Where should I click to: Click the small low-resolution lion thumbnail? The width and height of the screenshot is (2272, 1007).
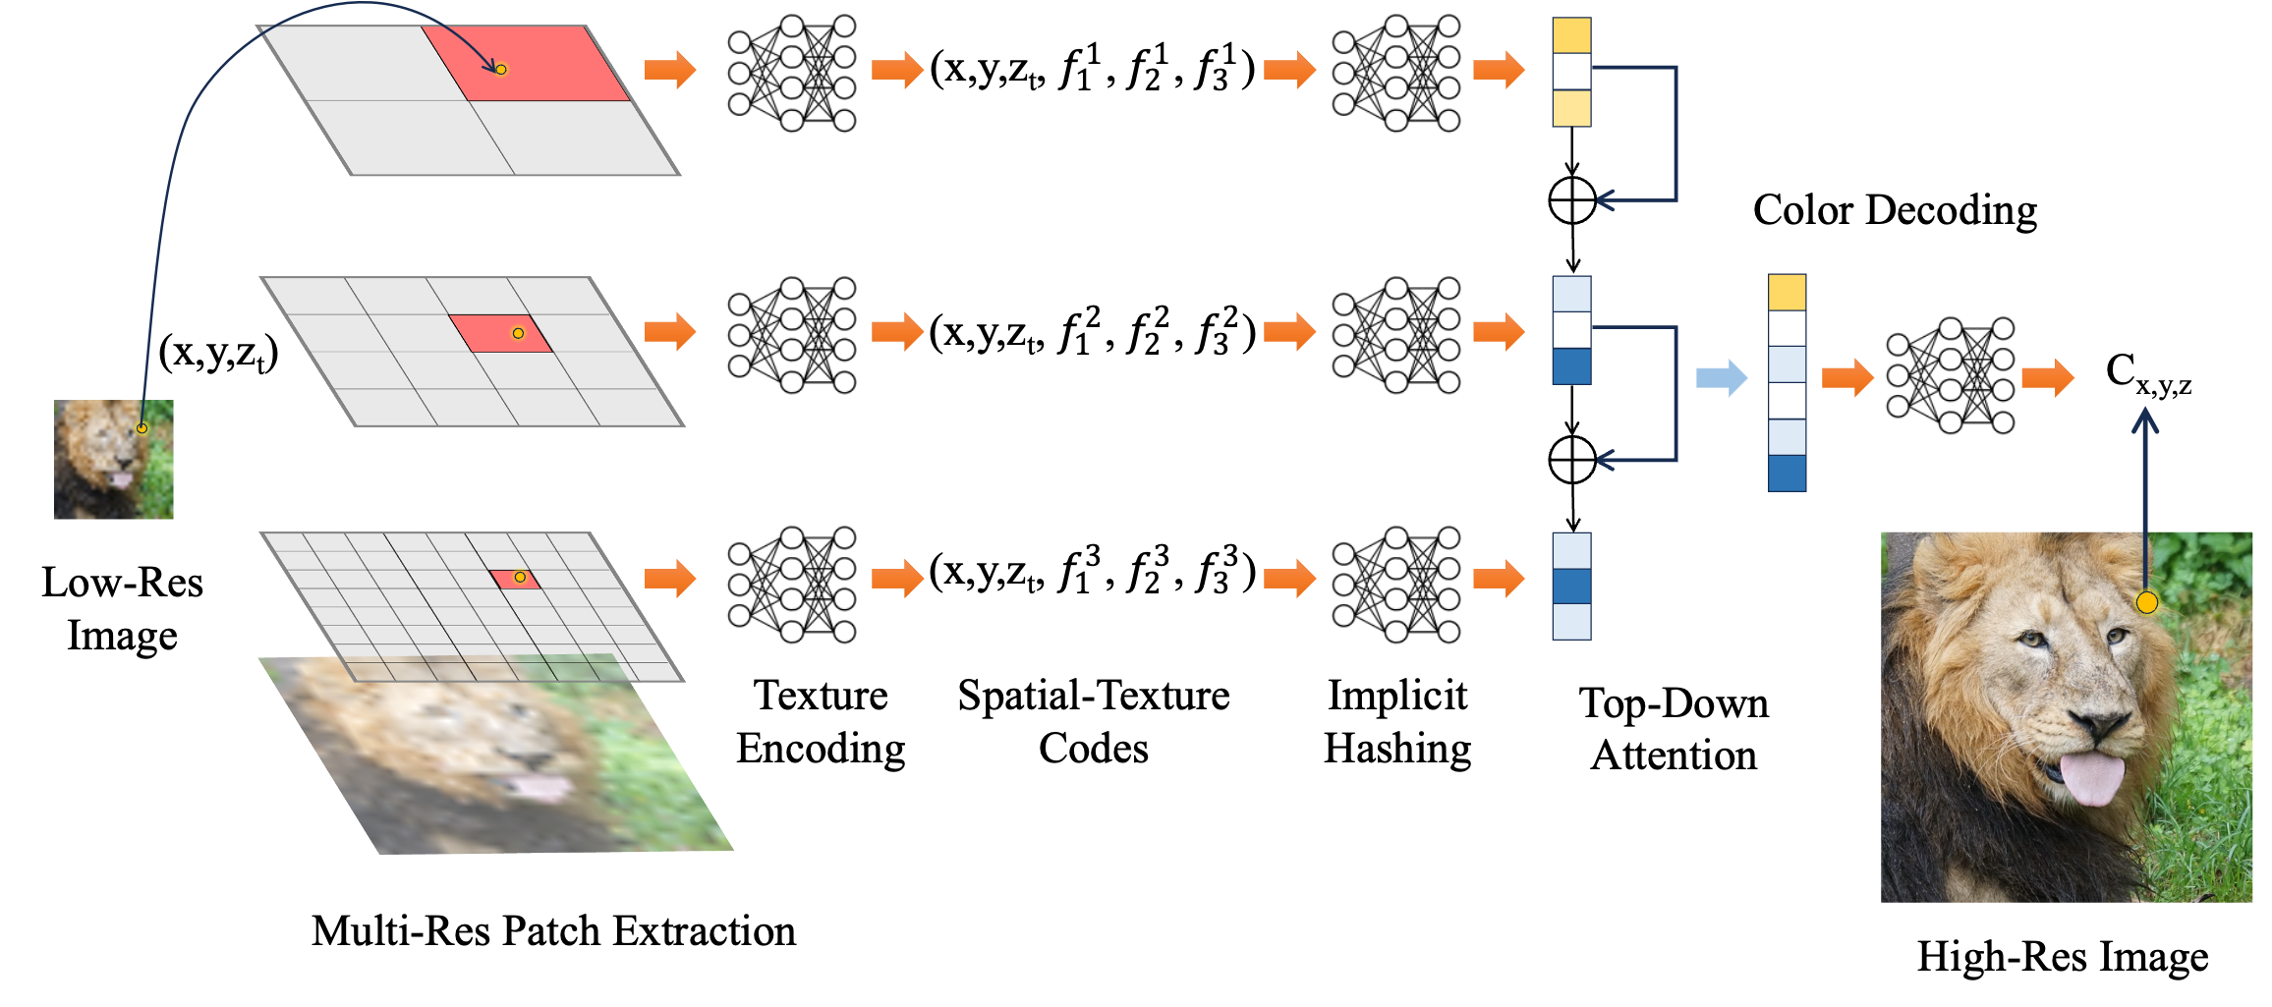114,459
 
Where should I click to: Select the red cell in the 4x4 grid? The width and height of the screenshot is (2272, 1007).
499,333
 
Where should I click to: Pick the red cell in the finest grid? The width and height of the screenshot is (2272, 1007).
514,580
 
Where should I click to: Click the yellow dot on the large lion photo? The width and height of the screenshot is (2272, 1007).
2147,602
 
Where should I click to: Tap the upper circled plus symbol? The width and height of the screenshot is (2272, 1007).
1572,200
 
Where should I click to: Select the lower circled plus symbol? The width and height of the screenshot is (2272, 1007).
1572,460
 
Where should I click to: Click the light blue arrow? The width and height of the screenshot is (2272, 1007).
1721,377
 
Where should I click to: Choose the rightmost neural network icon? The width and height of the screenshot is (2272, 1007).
1951,376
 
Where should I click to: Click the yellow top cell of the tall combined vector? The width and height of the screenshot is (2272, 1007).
1787,293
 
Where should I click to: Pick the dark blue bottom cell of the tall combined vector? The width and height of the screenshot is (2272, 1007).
1787,473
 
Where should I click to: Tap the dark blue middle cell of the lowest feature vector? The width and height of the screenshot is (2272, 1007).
1571,587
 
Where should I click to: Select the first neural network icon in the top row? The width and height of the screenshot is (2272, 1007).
792,75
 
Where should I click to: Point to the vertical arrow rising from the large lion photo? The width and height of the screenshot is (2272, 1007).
2145,491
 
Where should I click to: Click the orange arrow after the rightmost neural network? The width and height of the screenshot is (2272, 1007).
2048,377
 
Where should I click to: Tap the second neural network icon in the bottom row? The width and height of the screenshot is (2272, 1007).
1396,585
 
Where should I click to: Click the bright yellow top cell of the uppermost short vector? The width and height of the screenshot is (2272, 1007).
1571,35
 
